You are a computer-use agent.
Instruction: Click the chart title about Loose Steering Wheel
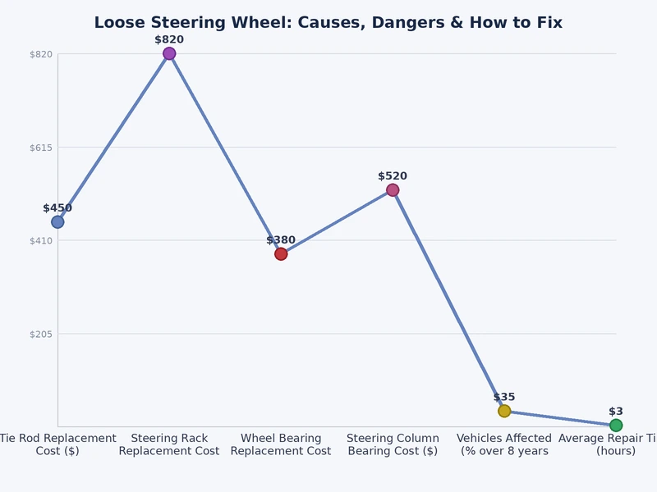pos(328,23)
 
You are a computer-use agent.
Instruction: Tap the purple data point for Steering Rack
pos(169,54)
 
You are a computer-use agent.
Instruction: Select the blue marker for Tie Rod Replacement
pos(57,222)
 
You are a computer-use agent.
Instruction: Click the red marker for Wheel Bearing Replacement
pos(281,254)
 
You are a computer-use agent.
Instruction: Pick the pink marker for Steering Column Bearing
pos(393,190)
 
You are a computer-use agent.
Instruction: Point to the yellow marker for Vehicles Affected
pos(504,411)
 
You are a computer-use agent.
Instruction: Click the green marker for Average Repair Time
pos(616,425)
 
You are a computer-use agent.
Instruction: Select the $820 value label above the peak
pos(169,39)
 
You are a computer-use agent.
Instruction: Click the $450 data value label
pos(57,208)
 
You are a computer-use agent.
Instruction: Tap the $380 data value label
pos(281,240)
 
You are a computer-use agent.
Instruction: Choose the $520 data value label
pos(393,176)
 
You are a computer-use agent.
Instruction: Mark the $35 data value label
pos(504,397)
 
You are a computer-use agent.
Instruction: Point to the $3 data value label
pos(616,411)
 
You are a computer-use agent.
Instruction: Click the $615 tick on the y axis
pos(41,148)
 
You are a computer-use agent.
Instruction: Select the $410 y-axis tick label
pos(41,241)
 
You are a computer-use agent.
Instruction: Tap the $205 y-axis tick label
pos(41,334)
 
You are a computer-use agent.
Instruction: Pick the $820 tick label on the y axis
pos(41,54)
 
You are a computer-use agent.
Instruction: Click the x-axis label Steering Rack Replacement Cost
pos(169,444)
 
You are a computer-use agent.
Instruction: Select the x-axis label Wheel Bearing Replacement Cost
pos(281,444)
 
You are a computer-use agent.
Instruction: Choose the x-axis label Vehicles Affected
pos(504,444)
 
